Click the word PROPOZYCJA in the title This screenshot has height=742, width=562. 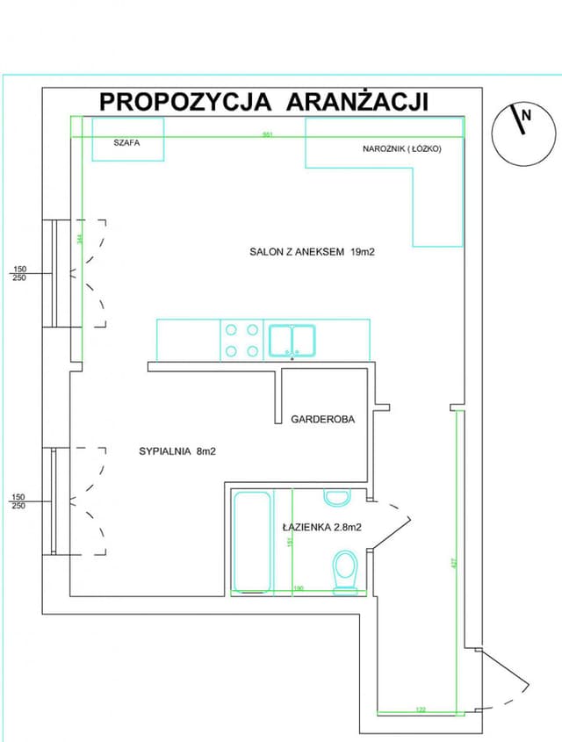click(186, 101)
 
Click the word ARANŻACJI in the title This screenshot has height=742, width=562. click(357, 101)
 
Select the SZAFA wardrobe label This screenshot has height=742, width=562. click(127, 140)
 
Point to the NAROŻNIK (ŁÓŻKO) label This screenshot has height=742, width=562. click(401, 149)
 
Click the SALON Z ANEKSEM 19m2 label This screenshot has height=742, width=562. click(313, 251)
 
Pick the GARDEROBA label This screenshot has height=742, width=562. click(323, 420)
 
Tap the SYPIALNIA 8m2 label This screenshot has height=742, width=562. click(177, 451)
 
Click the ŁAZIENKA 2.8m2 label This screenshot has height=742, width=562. click(322, 528)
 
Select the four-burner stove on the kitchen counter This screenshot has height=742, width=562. click(241, 341)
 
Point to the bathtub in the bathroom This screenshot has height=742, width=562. click(251, 543)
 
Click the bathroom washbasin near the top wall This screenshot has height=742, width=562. click(337, 499)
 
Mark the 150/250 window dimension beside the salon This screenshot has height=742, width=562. click(19, 273)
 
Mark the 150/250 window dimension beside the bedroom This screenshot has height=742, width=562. click(19, 501)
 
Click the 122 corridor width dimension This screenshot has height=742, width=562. click(420, 709)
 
